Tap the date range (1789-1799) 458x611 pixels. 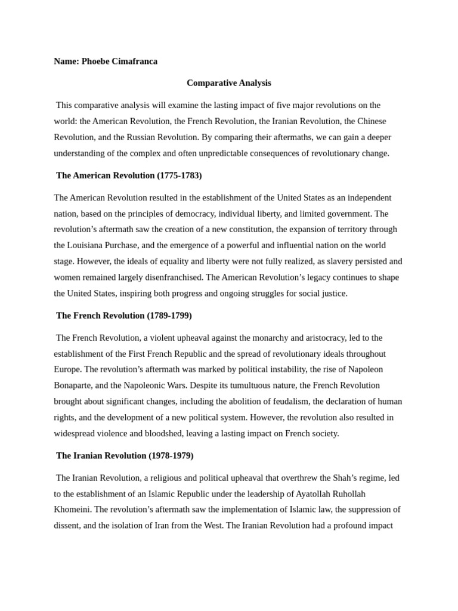click(x=169, y=315)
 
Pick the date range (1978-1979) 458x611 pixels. click(x=171, y=455)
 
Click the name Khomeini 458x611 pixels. click(x=72, y=510)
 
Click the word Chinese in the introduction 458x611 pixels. click(x=373, y=121)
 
